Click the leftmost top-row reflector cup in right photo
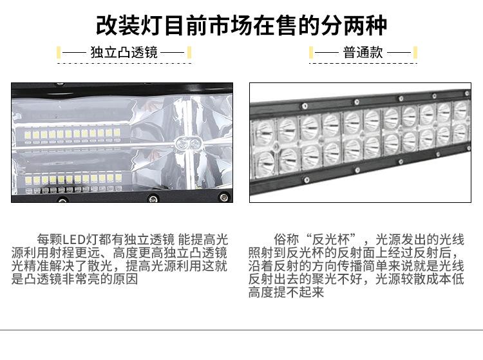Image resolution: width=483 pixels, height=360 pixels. click(265, 133)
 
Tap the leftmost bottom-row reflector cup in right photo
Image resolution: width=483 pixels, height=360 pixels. click(265, 162)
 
